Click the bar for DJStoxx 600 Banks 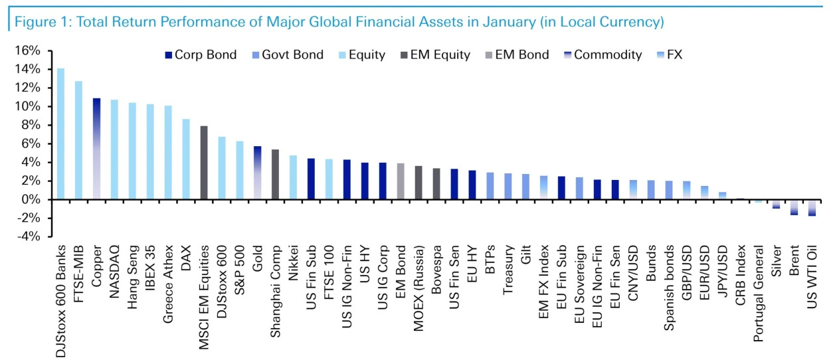click(60, 134)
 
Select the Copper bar click(96, 149)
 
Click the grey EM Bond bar click(401, 181)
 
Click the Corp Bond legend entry click(199, 55)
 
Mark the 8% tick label click(33, 125)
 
